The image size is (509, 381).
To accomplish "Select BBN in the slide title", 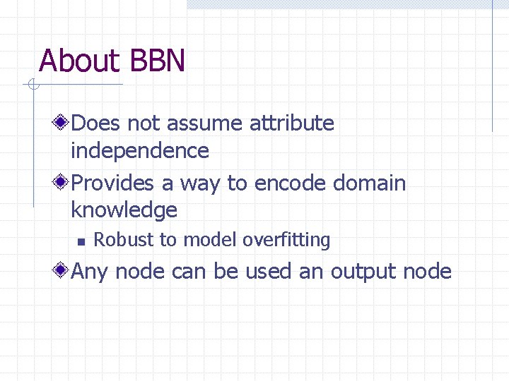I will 158,61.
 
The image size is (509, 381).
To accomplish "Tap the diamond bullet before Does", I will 62,123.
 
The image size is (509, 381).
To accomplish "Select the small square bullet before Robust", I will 80,241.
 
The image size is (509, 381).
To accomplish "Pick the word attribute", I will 292,123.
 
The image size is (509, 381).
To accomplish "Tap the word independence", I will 140,150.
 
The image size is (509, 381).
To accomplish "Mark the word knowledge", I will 124,210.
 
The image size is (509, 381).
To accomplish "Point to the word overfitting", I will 286,240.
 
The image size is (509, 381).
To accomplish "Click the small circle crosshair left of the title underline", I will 32,85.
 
